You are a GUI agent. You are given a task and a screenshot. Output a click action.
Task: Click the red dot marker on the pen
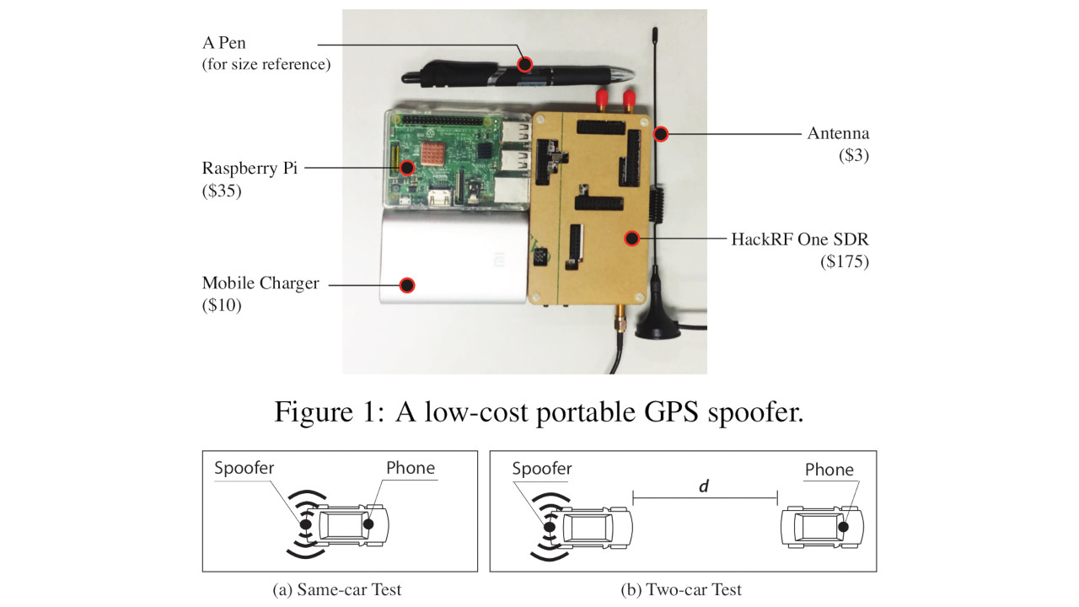526,63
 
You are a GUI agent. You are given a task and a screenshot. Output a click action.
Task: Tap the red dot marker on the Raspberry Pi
407,168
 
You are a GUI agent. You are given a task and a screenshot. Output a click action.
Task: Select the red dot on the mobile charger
407,285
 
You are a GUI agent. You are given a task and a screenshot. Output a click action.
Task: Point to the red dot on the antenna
662,133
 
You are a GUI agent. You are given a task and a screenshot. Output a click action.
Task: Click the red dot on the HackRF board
631,239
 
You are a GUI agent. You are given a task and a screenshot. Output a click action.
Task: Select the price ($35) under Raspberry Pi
222,191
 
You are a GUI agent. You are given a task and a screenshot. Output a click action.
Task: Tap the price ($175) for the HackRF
845,261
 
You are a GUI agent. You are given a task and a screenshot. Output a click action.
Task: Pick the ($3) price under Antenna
852,156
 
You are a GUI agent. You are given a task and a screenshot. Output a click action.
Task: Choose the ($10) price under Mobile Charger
222,305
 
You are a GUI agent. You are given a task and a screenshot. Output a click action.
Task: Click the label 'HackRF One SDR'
799,239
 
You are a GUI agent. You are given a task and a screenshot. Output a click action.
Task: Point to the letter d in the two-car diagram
704,487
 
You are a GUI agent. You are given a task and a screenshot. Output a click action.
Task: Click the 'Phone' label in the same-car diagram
411,468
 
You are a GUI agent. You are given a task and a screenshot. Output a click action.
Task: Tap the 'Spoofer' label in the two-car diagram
542,468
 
